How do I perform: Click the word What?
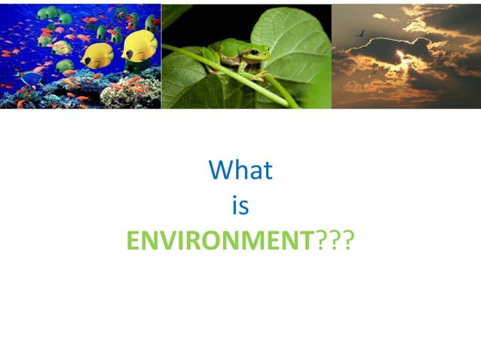point(240,170)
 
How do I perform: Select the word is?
point(240,206)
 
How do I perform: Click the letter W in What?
point(220,170)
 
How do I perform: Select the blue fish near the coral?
point(31,78)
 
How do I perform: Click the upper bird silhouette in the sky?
point(363,33)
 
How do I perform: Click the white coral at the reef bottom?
point(124,93)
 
